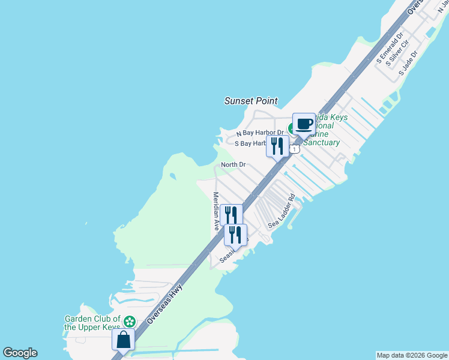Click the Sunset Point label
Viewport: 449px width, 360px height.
pyautogui.click(x=251, y=101)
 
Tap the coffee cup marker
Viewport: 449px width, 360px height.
pyautogui.click(x=304, y=124)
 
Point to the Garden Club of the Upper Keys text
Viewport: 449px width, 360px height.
pyautogui.click(x=93, y=323)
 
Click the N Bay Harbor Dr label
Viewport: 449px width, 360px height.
pyautogui.click(x=259, y=133)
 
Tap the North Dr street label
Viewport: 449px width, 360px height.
pyautogui.click(x=234, y=164)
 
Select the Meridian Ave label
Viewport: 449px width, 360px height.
pyautogui.click(x=216, y=211)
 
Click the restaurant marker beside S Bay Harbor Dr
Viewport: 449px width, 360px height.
pyautogui.click(x=277, y=145)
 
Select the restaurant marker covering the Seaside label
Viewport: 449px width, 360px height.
pyautogui.click(x=235, y=234)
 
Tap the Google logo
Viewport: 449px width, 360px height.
pyautogui.click(x=20, y=353)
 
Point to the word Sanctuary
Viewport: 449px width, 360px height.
pyautogui.click(x=321, y=143)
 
